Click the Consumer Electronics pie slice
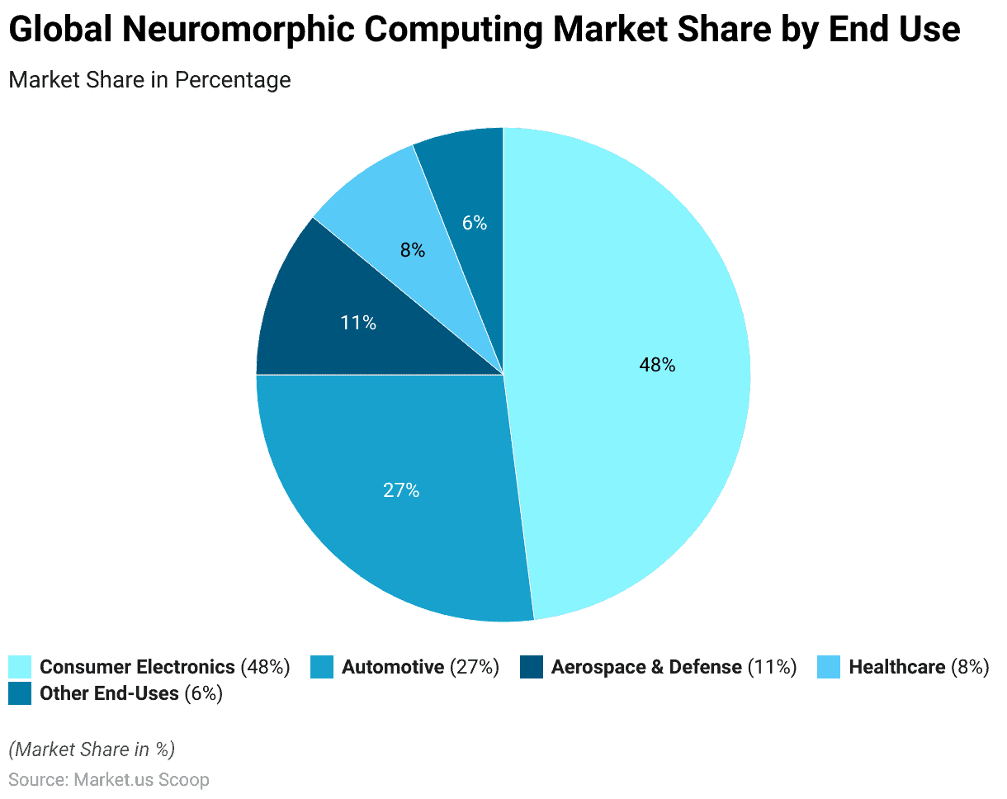(x=627, y=429)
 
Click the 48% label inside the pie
(x=657, y=365)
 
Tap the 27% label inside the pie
(x=401, y=490)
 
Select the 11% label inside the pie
(x=358, y=323)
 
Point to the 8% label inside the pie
(x=413, y=250)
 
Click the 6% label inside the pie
(x=475, y=223)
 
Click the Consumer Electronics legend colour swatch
(x=20, y=667)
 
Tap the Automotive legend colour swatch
(x=322, y=667)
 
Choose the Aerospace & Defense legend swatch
(x=532, y=667)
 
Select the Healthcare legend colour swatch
(x=829, y=667)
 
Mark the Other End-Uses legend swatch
(x=20, y=693)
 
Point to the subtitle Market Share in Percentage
(x=149, y=80)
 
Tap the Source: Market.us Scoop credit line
(x=109, y=779)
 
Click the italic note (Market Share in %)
(x=92, y=749)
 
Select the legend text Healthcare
(x=896, y=667)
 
